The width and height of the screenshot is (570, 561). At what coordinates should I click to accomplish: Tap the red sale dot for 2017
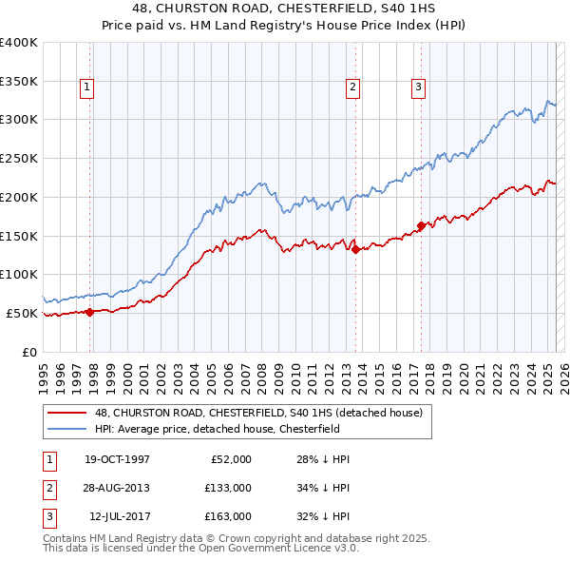pos(421,226)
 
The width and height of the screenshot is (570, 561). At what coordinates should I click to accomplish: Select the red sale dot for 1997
pos(90,311)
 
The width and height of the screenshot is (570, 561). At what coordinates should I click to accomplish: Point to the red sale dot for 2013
pos(355,250)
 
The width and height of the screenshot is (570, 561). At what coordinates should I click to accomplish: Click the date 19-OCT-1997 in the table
pos(117,459)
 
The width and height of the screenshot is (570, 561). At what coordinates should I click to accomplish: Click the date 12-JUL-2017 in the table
pos(118,516)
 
